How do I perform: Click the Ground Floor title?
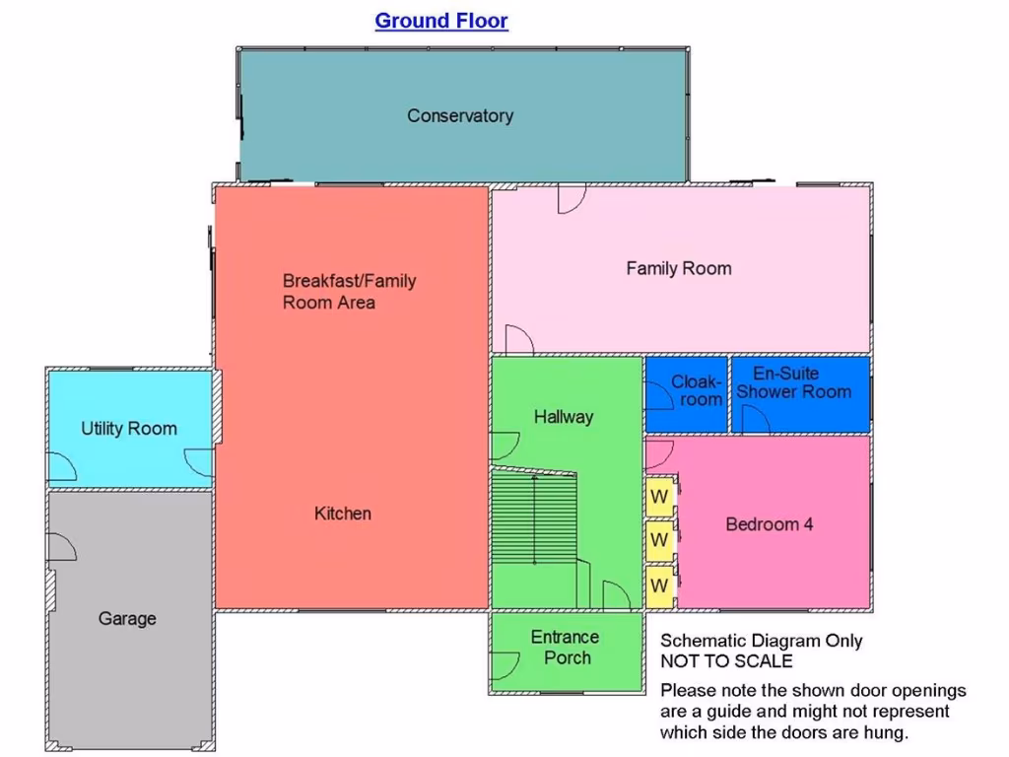pyautogui.click(x=441, y=21)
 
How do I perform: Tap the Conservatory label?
pyautogui.click(x=460, y=115)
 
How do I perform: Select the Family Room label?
pyautogui.click(x=679, y=268)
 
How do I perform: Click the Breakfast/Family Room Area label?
pyautogui.click(x=349, y=292)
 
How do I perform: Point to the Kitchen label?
pyautogui.click(x=343, y=514)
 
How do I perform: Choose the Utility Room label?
pyautogui.click(x=129, y=429)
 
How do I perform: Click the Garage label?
pyautogui.click(x=127, y=619)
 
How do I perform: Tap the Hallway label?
pyautogui.click(x=564, y=417)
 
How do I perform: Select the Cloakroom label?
pyautogui.click(x=697, y=390)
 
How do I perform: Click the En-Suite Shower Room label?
pyautogui.click(x=794, y=382)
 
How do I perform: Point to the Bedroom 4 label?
pyautogui.click(x=770, y=524)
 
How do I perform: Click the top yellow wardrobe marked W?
pyautogui.click(x=659, y=495)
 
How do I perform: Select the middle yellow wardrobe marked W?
pyautogui.click(x=659, y=540)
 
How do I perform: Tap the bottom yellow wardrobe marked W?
pyautogui.click(x=659, y=585)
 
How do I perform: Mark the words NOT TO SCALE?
pyautogui.click(x=726, y=661)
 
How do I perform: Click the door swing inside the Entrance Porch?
pyautogui.click(x=504, y=666)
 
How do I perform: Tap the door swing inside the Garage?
pyautogui.click(x=61, y=547)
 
